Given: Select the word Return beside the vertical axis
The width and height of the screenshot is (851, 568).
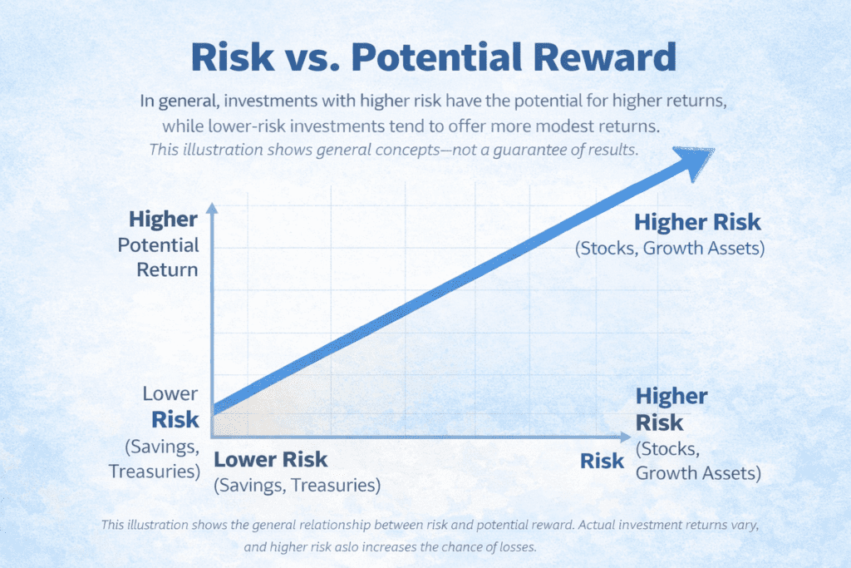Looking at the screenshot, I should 169,269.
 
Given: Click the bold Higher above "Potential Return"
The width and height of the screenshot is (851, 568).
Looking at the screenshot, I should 164,220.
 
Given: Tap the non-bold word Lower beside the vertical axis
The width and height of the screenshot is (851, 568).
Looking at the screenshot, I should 170,393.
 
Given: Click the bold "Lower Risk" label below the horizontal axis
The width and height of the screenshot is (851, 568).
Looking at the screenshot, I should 271,460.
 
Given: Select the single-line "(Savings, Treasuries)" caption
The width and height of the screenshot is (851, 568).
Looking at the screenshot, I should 298,484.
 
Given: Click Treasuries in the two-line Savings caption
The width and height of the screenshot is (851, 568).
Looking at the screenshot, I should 154,471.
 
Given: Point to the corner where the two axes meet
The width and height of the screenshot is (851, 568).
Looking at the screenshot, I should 213,435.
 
